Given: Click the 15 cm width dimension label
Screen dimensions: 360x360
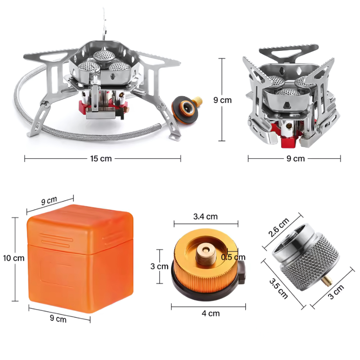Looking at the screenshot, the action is click(101, 159).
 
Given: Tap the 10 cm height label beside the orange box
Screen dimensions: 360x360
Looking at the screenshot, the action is click(13, 258).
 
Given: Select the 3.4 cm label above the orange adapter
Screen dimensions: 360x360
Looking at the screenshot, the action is click(205, 216).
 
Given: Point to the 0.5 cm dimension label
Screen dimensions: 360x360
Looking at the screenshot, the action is click(233, 257).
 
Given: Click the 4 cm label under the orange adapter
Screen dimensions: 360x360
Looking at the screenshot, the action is click(211, 313).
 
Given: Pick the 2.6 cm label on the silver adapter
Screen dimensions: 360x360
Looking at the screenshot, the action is click(279, 228).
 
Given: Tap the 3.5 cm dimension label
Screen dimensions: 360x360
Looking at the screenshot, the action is click(279, 288).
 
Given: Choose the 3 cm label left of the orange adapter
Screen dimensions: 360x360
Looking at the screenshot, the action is click(159, 266).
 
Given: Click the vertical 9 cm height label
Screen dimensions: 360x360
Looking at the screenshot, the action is click(222, 100).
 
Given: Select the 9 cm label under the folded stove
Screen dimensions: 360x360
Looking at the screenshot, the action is click(296, 159).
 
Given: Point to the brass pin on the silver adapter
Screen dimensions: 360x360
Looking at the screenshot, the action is click(327, 280).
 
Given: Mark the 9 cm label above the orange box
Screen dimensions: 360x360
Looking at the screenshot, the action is click(49, 201).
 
